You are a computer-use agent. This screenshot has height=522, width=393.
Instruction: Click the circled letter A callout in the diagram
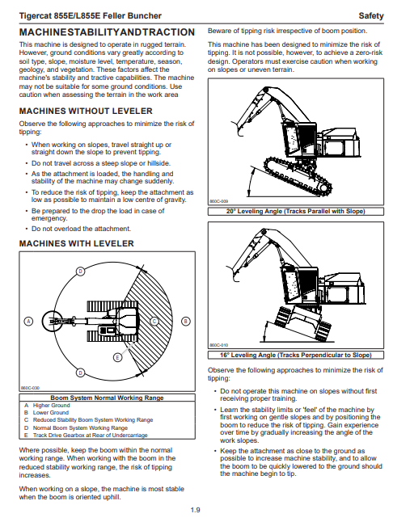(x=29, y=322)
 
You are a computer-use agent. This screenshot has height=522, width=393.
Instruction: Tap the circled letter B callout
(x=185, y=322)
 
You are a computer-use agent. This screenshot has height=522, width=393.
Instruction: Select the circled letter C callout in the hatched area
(x=154, y=322)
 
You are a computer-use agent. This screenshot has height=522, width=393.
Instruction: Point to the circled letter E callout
(x=117, y=357)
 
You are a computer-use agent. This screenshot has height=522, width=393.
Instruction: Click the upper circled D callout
(x=80, y=272)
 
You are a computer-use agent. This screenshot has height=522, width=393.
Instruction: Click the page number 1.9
(x=195, y=510)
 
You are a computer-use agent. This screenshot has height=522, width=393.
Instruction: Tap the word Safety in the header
(x=371, y=15)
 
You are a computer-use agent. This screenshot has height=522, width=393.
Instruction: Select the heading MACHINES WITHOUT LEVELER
(x=86, y=111)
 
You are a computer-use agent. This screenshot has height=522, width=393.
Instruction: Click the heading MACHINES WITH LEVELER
(x=77, y=243)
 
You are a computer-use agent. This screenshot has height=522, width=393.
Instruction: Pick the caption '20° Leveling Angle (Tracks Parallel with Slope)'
(x=296, y=212)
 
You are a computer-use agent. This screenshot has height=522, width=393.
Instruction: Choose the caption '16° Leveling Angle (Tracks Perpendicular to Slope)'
(x=296, y=355)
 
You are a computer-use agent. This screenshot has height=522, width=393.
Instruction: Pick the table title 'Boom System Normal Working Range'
(x=107, y=398)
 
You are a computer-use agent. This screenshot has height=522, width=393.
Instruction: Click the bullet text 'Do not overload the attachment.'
(x=81, y=229)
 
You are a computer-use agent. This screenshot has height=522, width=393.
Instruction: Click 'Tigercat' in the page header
(x=34, y=15)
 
